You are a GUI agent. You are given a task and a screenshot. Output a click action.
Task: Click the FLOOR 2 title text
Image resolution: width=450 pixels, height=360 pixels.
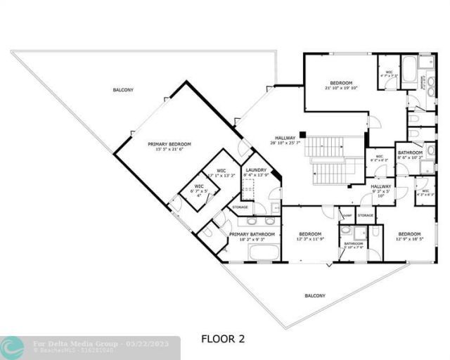(223, 339)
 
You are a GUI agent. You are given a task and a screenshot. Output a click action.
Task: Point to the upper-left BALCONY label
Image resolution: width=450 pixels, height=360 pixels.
(123, 90)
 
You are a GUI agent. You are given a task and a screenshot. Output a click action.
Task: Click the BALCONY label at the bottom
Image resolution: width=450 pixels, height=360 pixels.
(315, 295)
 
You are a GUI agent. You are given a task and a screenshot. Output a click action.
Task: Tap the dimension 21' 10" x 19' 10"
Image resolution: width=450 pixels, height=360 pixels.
(342, 88)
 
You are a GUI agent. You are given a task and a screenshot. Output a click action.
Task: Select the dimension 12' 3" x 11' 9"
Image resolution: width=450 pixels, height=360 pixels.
(310, 240)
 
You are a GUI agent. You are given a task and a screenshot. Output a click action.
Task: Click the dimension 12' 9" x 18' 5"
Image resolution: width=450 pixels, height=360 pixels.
(409, 240)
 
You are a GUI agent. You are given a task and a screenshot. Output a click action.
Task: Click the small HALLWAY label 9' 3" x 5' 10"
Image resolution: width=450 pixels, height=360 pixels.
(382, 191)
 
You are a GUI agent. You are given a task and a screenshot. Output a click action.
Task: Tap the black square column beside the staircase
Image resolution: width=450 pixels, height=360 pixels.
(301, 134)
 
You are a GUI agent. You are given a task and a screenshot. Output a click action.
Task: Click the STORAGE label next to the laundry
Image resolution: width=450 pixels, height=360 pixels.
(240, 207)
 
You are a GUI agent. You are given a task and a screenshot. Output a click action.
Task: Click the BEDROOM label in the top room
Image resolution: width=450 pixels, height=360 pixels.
(342, 82)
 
